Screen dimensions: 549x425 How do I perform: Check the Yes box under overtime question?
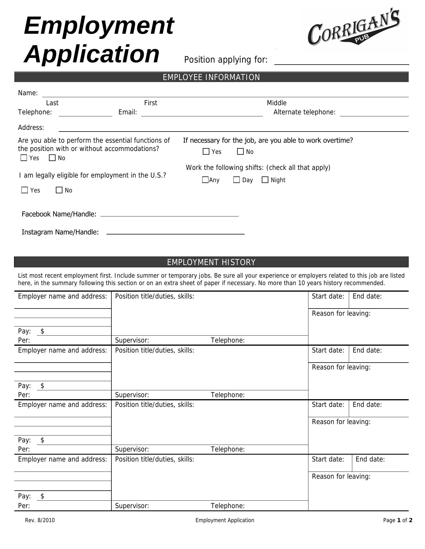[206, 152]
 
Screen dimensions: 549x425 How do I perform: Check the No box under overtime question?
[240, 152]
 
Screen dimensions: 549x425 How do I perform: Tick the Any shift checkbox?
[205, 180]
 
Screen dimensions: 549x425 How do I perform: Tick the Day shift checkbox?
[237, 180]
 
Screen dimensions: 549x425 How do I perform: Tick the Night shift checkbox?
[265, 180]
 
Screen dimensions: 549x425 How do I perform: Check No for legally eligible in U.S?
[59, 190]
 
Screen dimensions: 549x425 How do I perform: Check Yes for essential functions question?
[24, 158]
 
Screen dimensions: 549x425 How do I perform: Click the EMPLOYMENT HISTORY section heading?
[211, 262]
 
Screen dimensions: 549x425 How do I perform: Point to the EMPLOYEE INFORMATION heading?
[211, 77]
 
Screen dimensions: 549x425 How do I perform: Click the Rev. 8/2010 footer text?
[40, 520]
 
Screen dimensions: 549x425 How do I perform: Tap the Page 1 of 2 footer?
[398, 520]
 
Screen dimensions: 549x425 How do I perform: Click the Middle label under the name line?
[276, 103]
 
